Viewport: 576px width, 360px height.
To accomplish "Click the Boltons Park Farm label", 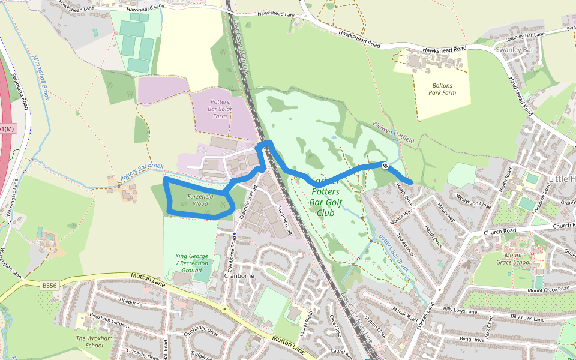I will pyautogui.click(x=442, y=89).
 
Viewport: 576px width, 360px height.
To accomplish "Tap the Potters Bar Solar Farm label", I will pyautogui.click(x=220, y=109).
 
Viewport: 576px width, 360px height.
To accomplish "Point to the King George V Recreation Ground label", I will pyautogui.click(x=192, y=263).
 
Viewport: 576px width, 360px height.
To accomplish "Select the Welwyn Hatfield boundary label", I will pyautogui.click(x=394, y=132).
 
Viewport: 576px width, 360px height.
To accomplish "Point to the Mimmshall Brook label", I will pyautogui.click(x=39, y=78).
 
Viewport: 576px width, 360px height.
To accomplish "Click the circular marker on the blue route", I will pyautogui.click(x=384, y=166).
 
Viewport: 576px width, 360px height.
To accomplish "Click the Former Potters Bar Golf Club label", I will pyautogui.click(x=325, y=192).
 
